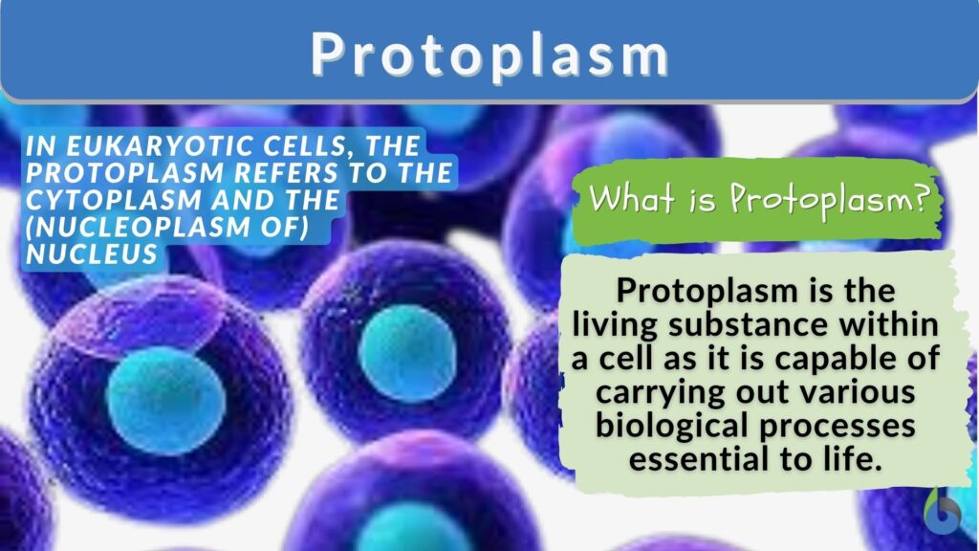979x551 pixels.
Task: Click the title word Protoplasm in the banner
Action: click(x=489, y=55)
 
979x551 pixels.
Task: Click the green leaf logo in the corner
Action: click(x=946, y=512)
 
